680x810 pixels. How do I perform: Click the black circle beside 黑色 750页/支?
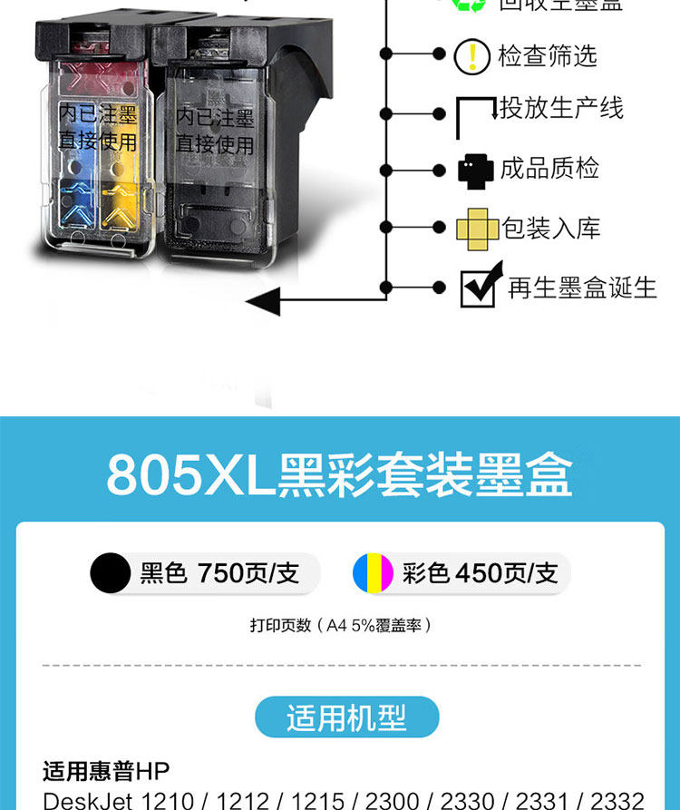tap(111, 573)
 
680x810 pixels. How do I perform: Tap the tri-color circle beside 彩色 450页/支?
tap(374, 573)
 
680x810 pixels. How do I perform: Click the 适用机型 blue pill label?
tap(347, 717)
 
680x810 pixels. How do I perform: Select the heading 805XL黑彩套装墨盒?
tap(339, 474)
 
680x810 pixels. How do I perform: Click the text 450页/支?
tap(507, 573)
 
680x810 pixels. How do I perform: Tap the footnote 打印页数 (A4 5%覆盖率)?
tap(340, 625)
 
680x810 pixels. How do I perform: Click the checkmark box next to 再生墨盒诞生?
tap(479, 287)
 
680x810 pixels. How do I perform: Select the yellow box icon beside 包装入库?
tap(477, 228)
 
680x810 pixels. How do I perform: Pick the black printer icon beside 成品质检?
tap(476, 170)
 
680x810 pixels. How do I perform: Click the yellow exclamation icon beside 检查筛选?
tap(471, 57)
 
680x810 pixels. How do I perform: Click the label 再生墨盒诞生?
tap(581, 288)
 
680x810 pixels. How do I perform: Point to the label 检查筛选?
tap(548, 56)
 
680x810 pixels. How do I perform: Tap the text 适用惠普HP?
tap(106, 771)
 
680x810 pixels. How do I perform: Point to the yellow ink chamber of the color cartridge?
tap(126, 168)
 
